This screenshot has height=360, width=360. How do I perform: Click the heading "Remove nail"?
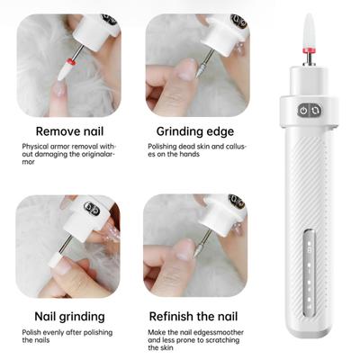[x=69, y=131]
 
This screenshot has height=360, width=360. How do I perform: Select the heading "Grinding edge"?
[x=195, y=131]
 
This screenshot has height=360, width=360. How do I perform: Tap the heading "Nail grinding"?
[x=69, y=317]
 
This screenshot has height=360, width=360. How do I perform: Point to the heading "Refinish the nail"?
[x=193, y=316]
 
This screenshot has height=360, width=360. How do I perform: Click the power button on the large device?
[x=303, y=111]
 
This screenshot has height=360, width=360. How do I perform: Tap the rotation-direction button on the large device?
[x=315, y=111]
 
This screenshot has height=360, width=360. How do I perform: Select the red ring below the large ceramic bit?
[x=309, y=49]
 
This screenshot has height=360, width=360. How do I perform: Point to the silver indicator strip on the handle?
[x=310, y=273]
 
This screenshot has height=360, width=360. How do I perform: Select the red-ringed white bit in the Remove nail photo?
[x=66, y=68]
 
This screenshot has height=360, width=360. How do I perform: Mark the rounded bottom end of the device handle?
[x=308, y=329]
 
